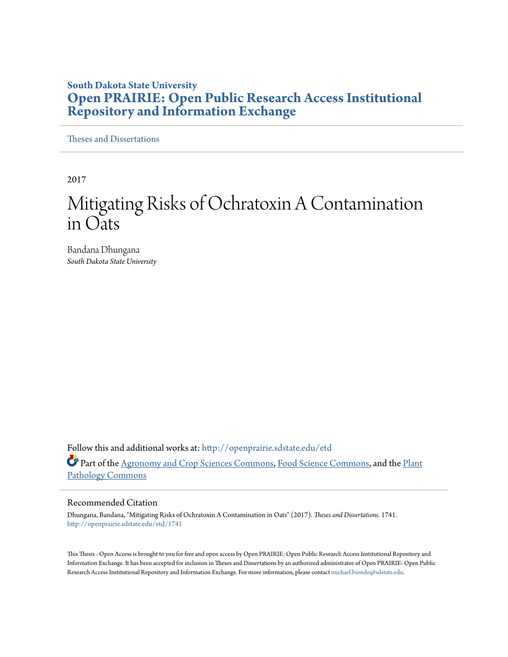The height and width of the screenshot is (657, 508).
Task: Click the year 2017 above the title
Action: click(76, 179)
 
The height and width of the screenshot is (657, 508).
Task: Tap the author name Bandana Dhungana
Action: click(103, 250)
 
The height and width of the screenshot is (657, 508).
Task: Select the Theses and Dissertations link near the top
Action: click(113, 139)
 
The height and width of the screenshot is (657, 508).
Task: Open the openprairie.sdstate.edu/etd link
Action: click(267, 448)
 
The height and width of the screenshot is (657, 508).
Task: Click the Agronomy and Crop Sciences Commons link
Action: click(197, 463)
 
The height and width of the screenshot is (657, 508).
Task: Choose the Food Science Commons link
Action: click(323, 463)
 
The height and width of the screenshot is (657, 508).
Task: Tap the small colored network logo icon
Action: click(72, 461)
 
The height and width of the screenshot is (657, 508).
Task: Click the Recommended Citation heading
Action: click(112, 503)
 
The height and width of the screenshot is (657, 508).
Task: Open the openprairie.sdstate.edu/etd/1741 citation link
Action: click(124, 524)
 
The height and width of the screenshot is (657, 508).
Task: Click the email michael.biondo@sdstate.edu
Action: click(367, 572)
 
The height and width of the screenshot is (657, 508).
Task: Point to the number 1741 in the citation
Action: click(388, 514)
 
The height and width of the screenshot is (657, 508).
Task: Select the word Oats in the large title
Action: click(102, 224)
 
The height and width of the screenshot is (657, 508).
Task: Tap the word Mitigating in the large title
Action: click(105, 204)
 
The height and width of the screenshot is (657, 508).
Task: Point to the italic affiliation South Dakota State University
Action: click(112, 262)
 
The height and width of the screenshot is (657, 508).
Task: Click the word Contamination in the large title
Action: click(366, 204)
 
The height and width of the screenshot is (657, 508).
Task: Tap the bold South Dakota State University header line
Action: click(132, 85)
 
